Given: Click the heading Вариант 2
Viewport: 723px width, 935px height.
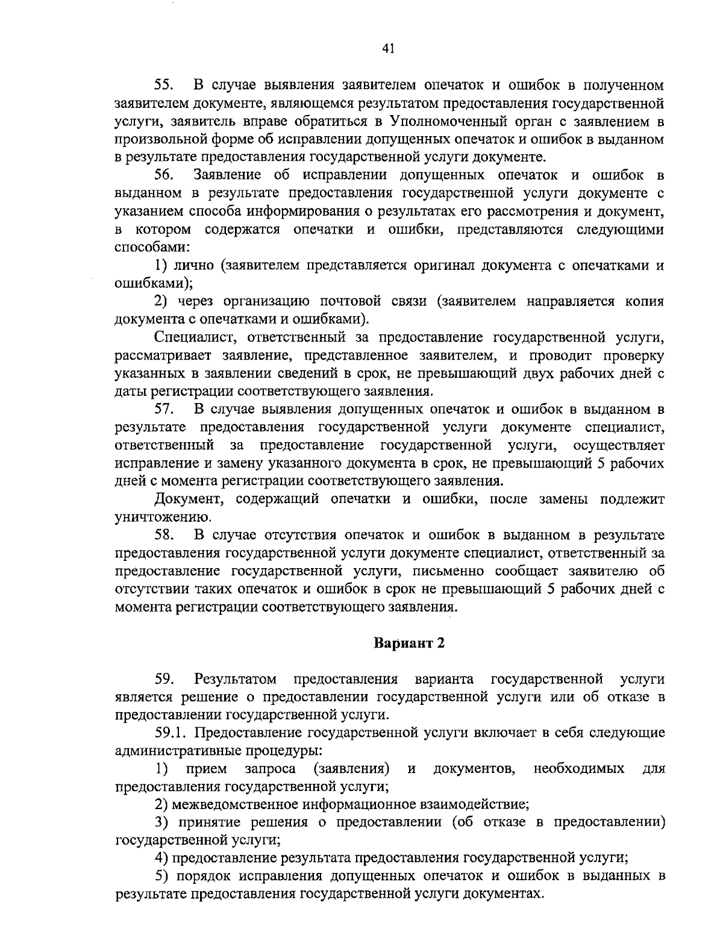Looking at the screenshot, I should [x=409, y=643].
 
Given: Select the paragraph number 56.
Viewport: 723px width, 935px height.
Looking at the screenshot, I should [x=164, y=175].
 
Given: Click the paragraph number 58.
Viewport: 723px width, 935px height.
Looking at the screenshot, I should [x=164, y=534].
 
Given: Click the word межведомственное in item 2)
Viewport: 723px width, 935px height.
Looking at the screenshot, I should [x=235, y=804].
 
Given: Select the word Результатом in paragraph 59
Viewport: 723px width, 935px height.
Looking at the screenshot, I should [x=236, y=679].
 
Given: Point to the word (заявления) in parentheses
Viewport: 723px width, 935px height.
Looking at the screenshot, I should [x=352, y=769].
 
